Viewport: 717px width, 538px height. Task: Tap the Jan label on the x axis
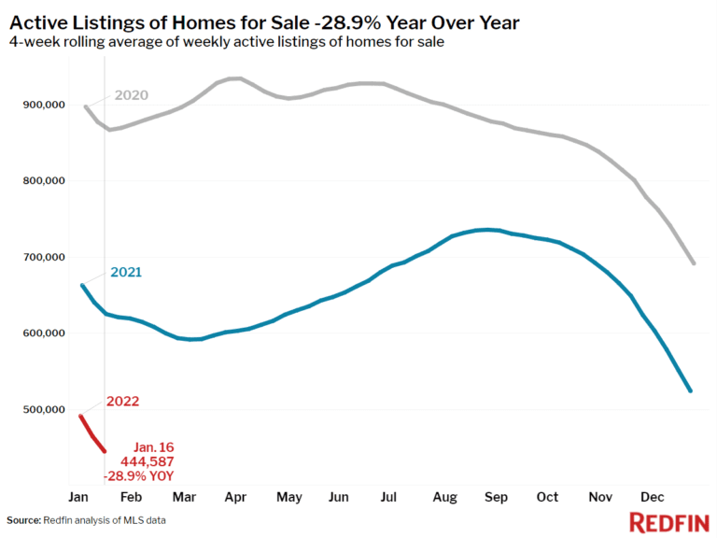(78, 496)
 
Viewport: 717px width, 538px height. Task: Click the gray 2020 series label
(132, 95)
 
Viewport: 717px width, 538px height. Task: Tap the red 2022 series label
(123, 402)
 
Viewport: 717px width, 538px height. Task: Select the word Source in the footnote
(25, 519)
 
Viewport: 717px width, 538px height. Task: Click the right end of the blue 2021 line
(690, 391)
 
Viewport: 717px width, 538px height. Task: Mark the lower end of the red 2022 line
(105, 451)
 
